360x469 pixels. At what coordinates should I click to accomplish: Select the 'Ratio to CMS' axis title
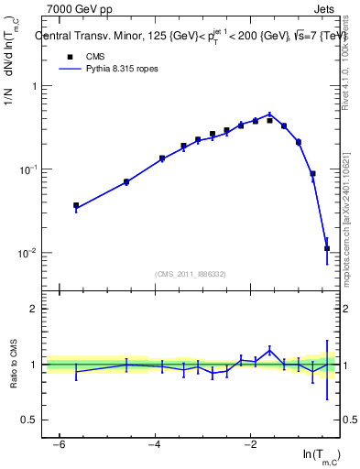14,365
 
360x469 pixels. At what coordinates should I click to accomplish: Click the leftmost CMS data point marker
76,206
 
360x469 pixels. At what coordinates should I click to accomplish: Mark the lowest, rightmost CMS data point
327,248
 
